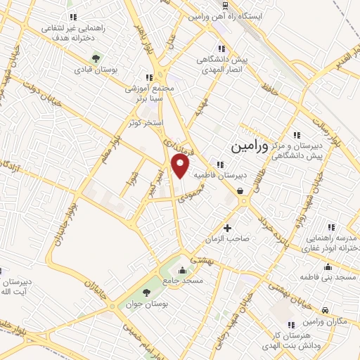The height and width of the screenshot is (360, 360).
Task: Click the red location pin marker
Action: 181,166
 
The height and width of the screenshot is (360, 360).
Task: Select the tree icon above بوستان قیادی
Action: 96,58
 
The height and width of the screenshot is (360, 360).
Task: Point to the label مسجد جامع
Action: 183,281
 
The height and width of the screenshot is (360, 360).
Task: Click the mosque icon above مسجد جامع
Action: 183,270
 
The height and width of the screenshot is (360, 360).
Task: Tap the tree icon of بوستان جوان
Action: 146,292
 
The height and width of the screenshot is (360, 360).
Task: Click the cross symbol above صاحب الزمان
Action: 227,228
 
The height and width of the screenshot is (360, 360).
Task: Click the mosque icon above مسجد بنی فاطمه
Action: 327,267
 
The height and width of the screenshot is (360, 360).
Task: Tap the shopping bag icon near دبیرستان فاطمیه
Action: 240,190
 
